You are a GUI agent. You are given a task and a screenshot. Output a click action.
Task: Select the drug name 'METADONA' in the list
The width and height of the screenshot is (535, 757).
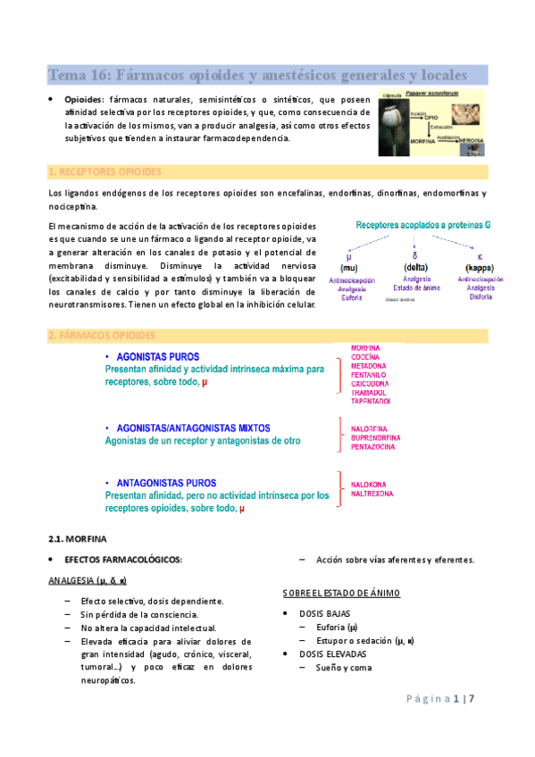(368, 366)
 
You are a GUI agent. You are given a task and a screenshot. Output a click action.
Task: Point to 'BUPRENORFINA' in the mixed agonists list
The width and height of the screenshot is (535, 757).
(375, 438)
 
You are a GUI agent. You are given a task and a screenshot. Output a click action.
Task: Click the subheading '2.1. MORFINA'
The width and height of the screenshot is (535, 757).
(77, 539)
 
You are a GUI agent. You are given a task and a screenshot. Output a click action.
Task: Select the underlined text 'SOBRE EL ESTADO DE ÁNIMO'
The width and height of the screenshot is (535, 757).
(341, 593)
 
